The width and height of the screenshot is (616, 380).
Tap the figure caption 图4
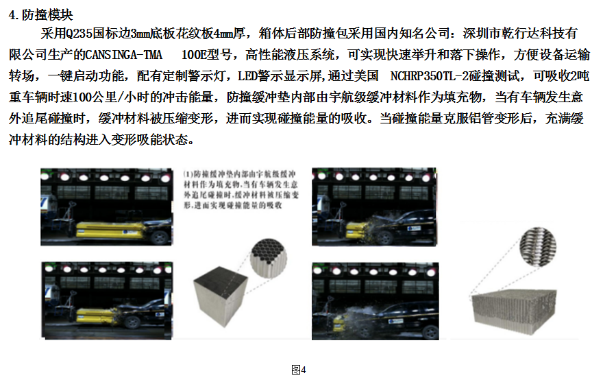[x=298, y=370]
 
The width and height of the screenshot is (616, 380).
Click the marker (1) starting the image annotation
[x=189, y=176]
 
